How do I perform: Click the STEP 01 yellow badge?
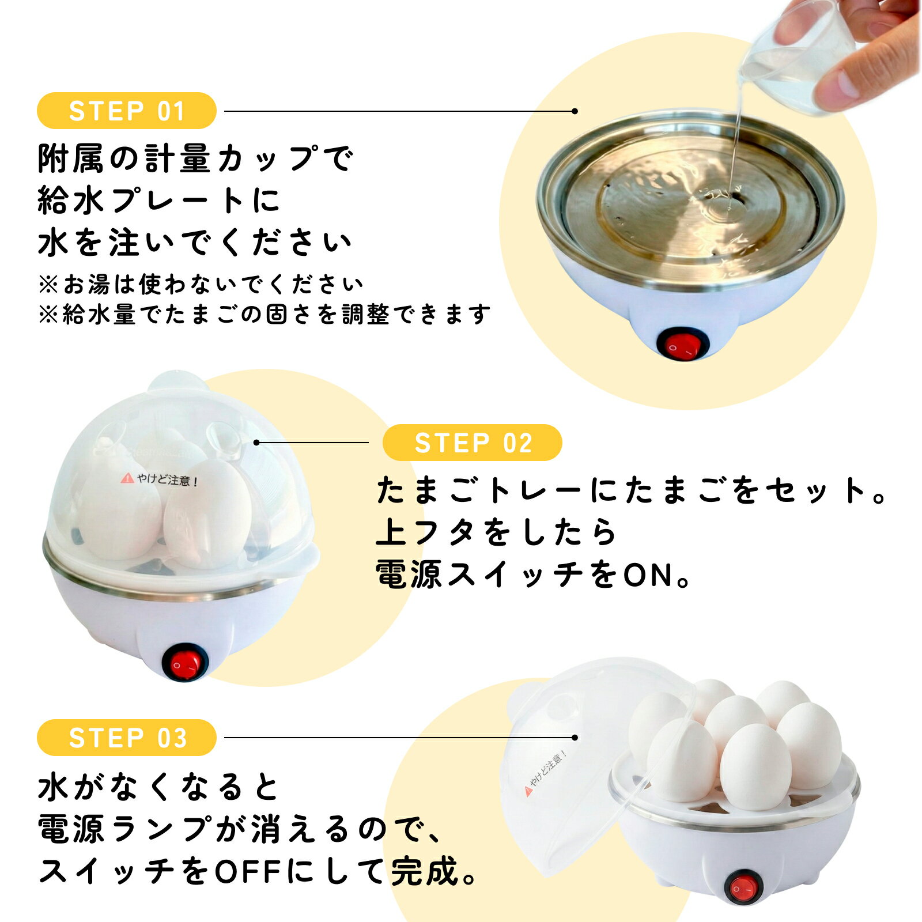point(126,111)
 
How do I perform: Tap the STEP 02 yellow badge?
point(472,443)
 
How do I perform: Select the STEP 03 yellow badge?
point(126,738)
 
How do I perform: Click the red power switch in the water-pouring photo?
point(682,345)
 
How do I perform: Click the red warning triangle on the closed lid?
point(127,478)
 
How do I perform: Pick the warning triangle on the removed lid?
point(528,791)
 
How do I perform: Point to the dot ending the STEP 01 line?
point(575,111)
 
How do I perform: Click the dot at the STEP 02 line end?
point(256,443)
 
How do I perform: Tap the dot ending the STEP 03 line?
point(575,738)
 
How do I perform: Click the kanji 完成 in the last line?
point(425,871)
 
